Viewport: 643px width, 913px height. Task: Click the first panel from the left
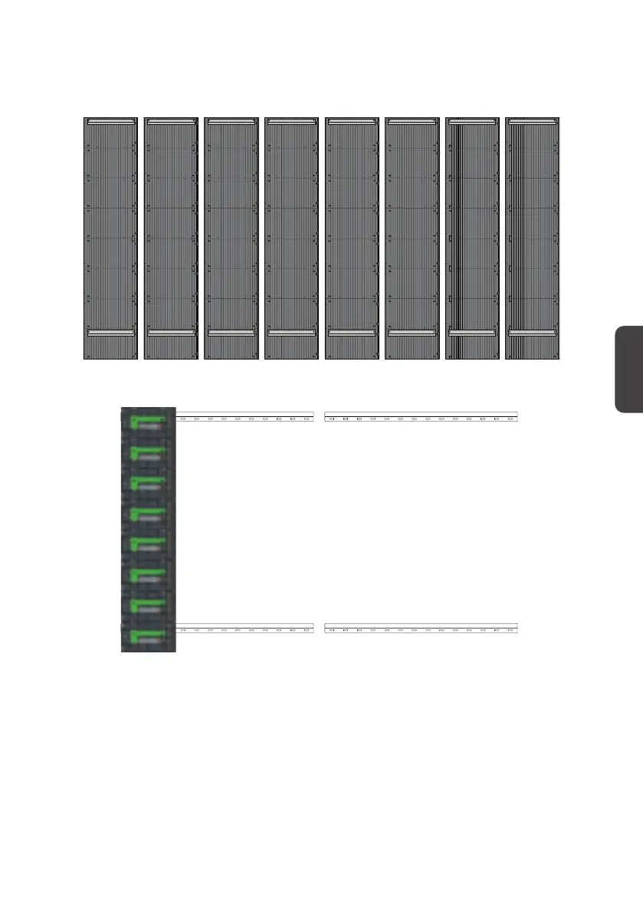(110, 238)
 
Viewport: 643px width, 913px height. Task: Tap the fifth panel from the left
(353, 238)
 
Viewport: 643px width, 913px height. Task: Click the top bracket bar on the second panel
(171, 121)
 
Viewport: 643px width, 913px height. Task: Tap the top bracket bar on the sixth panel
(413, 121)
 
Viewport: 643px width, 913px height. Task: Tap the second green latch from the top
(149, 452)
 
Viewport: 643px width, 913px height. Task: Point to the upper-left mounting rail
(245, 417)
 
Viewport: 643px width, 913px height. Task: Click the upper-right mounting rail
(421, 417)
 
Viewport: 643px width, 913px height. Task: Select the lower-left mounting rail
(245, 629)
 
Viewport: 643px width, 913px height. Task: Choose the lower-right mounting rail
(421, 629)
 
